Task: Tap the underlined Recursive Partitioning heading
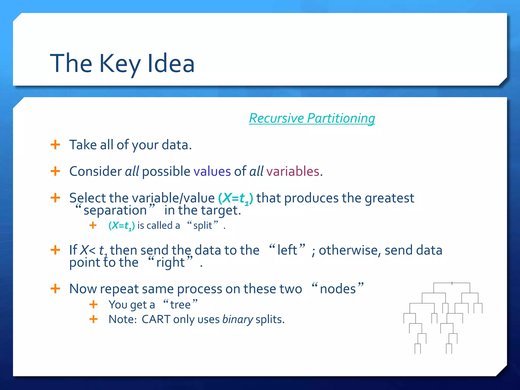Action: click(312, 118)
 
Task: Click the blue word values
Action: click(212, 171)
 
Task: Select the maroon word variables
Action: click(292, 171)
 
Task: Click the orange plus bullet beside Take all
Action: click(55, 145)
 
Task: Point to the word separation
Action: click(115, 210)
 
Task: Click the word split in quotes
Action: click(202, 225)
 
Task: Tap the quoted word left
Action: click(287, 250)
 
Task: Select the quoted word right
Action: click(170, 262)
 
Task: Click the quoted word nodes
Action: click(338, 289)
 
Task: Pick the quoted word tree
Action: click(180, 305)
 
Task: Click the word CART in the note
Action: click(156, 319)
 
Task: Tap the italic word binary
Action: click(238, 319)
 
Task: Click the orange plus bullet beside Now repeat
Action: click(55, 289)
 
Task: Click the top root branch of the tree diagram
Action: click(452, 283)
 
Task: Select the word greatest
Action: click(389, 198)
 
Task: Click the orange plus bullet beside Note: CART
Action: click(93, 319)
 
